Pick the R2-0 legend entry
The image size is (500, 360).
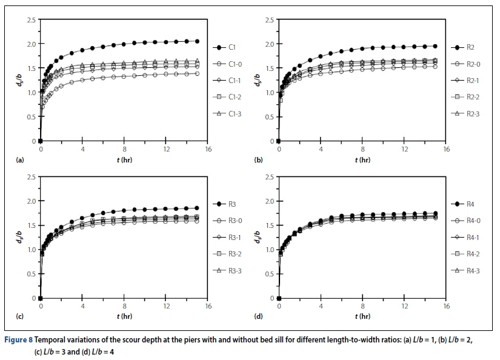[x=473, y=64]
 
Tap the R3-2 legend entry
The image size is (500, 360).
[x=235, y=254]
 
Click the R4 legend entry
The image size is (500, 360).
[x=470, y=204]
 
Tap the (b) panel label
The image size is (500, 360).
[x=258, y=160]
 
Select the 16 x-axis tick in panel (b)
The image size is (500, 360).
[x=446, y=149]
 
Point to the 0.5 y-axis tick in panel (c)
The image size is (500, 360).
[x=30, y=274]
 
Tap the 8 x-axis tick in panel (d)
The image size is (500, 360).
[x=362, y=307]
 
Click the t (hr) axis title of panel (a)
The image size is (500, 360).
[x=124, y=160]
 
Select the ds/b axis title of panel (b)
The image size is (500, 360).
[x=258, y=79]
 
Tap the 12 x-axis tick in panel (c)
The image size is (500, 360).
[x=166, y=307]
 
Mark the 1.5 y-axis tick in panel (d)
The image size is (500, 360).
[x=268, y=225]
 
